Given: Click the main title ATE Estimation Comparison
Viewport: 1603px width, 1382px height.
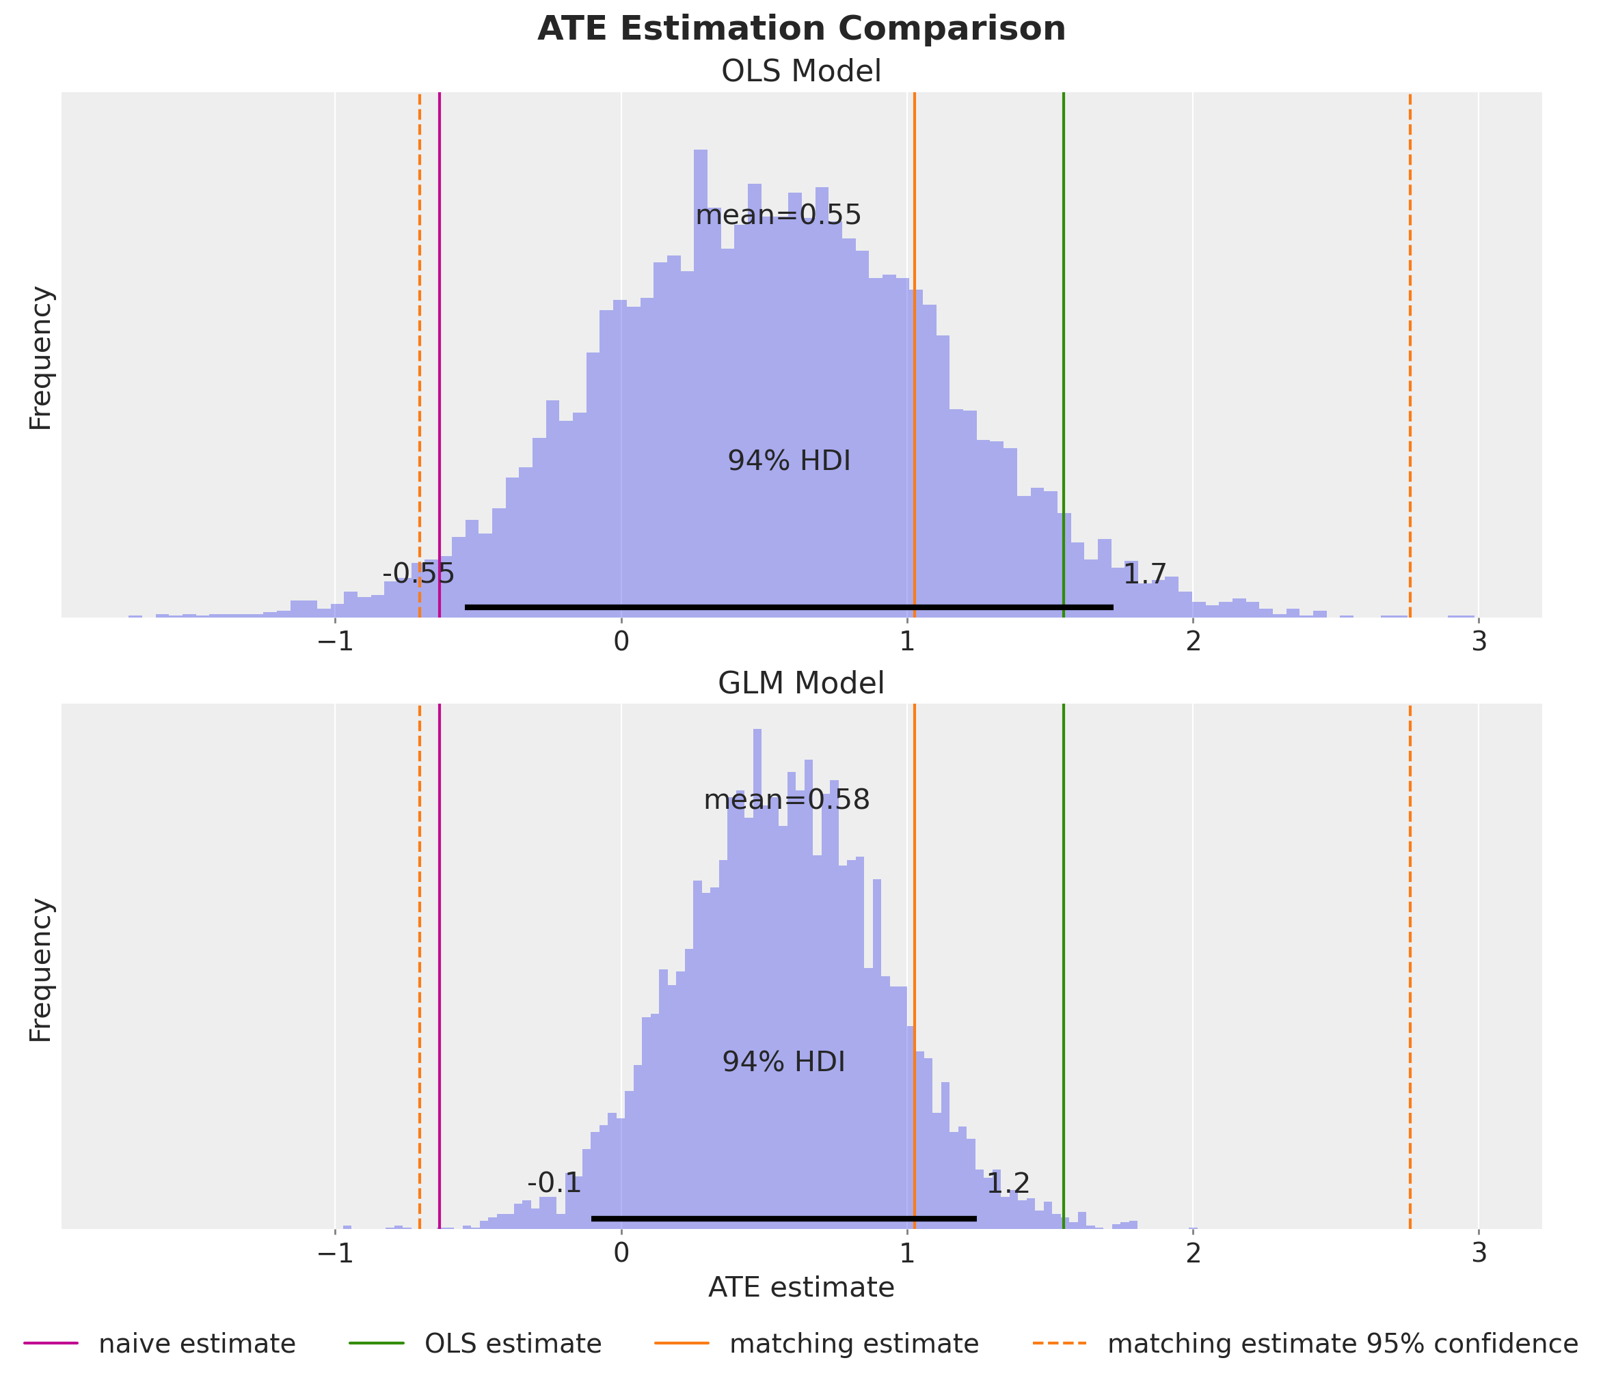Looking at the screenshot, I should [801, 29].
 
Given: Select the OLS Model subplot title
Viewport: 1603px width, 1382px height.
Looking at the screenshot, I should [801, 72].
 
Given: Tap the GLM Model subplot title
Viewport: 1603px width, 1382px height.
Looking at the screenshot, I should [801, 684].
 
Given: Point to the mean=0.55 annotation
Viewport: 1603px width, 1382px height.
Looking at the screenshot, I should [779, 215].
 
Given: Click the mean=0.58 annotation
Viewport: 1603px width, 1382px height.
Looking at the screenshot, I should [787, 800].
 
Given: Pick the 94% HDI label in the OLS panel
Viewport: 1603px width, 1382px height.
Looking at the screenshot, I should [789, 462].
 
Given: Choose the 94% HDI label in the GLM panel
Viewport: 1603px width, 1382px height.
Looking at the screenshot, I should [783, 1062].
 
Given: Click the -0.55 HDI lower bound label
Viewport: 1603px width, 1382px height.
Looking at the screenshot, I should [418, 574].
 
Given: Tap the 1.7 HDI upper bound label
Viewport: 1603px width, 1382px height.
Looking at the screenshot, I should [1144, 574].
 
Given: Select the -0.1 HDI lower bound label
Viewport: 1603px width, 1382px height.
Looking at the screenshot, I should [554, 1183].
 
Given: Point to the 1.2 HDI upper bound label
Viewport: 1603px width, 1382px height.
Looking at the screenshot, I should [1008, 1183].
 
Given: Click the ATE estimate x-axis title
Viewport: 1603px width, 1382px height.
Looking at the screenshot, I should [801, 1288].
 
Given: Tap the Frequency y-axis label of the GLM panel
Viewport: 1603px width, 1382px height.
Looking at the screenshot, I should [40, 970].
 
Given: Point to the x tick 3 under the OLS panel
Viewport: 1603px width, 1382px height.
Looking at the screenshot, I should [1479, 642].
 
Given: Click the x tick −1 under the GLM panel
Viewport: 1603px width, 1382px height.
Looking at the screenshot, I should [334, 1253].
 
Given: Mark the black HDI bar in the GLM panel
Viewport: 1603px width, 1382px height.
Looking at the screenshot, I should [783, 1219].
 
